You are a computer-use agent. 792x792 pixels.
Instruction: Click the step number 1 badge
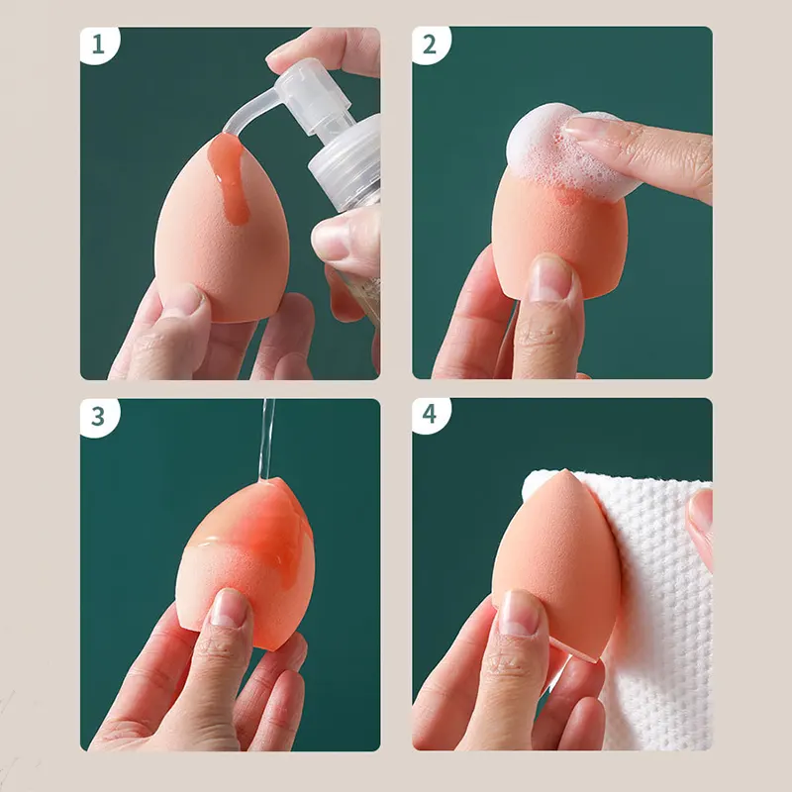click(x=99, y=45)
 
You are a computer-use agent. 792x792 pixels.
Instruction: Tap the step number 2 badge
click(x=431, y=45)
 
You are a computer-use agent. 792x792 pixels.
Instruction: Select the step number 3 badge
click(x=99, y=417)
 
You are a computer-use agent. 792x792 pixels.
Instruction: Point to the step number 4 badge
click(x=431, y=415)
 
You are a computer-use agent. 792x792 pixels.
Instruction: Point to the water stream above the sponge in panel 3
click(x=267, y=439)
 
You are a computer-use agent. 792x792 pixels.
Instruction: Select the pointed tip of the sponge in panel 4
click(x=565, y=472)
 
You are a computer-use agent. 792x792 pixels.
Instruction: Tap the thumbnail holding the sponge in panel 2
click(x=550, y=278)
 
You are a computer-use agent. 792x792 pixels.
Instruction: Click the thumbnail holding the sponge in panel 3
click(x=230, y=608)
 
